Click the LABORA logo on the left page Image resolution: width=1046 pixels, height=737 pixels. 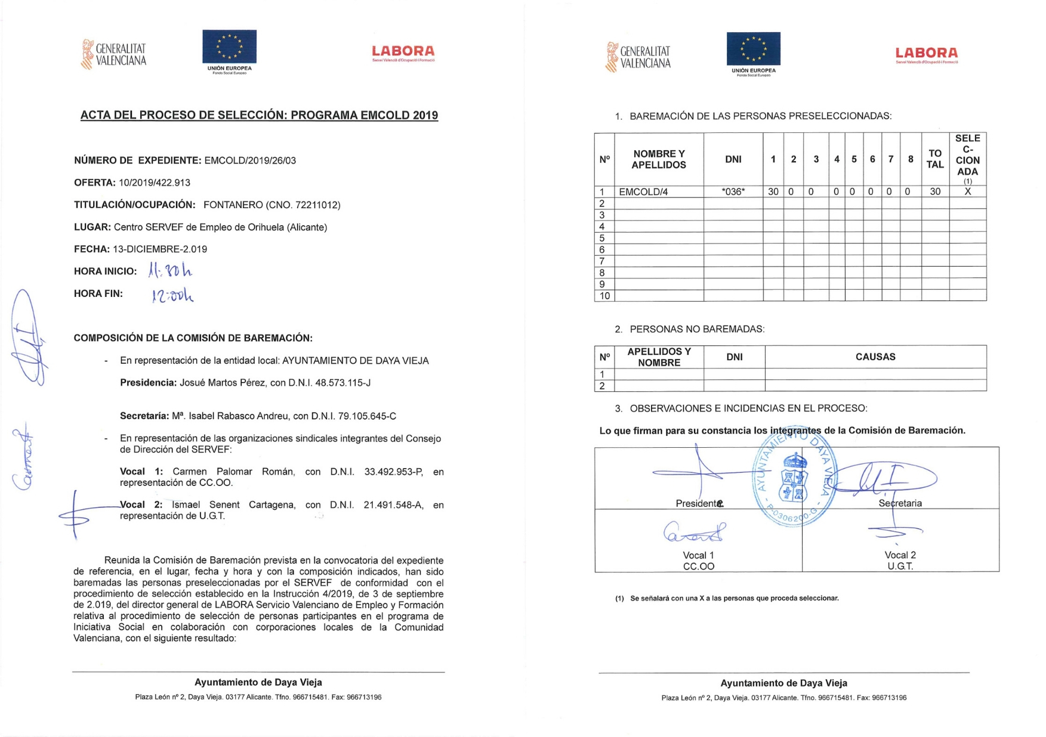pos(403,53)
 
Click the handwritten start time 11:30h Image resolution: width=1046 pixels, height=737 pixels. pos(170,271)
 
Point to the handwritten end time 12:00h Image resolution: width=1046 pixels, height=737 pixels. pos(172,295)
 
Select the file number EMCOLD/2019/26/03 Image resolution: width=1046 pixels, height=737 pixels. pos(250,160)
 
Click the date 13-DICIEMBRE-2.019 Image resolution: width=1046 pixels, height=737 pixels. pos(160,249)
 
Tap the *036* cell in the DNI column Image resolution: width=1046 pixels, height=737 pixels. pos(733,192)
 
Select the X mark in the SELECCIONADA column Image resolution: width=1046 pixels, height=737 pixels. pos(967,192)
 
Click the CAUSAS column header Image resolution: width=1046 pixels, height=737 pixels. pos(875,357)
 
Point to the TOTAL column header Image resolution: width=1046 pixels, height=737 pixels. pos(934,159)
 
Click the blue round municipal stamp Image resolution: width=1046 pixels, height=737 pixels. pos(795,477)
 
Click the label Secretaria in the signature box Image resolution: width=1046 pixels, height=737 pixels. pos(900,503)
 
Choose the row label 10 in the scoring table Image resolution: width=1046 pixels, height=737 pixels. pos(604,296)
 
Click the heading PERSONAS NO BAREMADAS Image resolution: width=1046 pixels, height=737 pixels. pos(697,329)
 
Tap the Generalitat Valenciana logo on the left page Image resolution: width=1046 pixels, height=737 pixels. pos(114,54)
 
